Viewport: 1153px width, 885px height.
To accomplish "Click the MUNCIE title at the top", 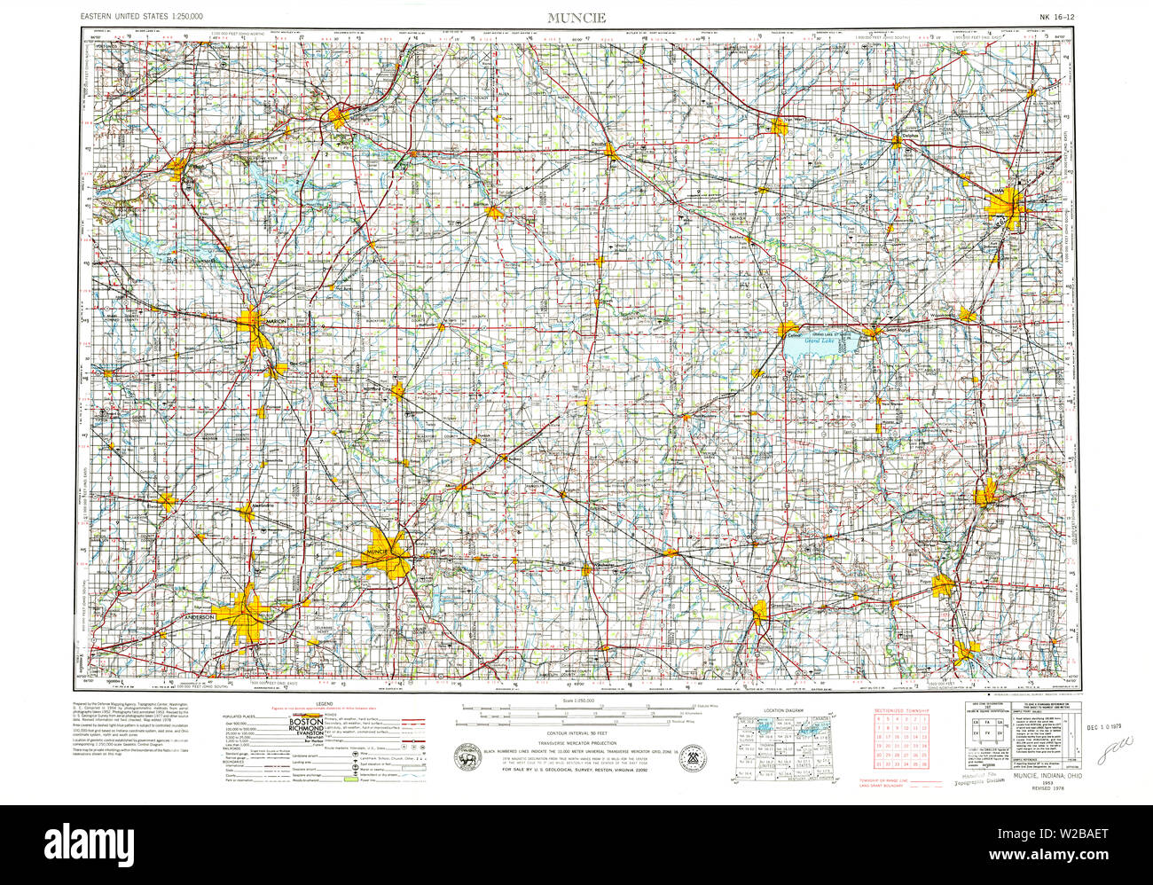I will point(576,17).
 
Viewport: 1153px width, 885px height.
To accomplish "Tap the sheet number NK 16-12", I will point(1055,17).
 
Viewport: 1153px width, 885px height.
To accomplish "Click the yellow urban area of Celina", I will point(788,330).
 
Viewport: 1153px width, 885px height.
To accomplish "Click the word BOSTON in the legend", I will point(308,723).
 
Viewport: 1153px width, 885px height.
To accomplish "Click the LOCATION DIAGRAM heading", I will point(783,710).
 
